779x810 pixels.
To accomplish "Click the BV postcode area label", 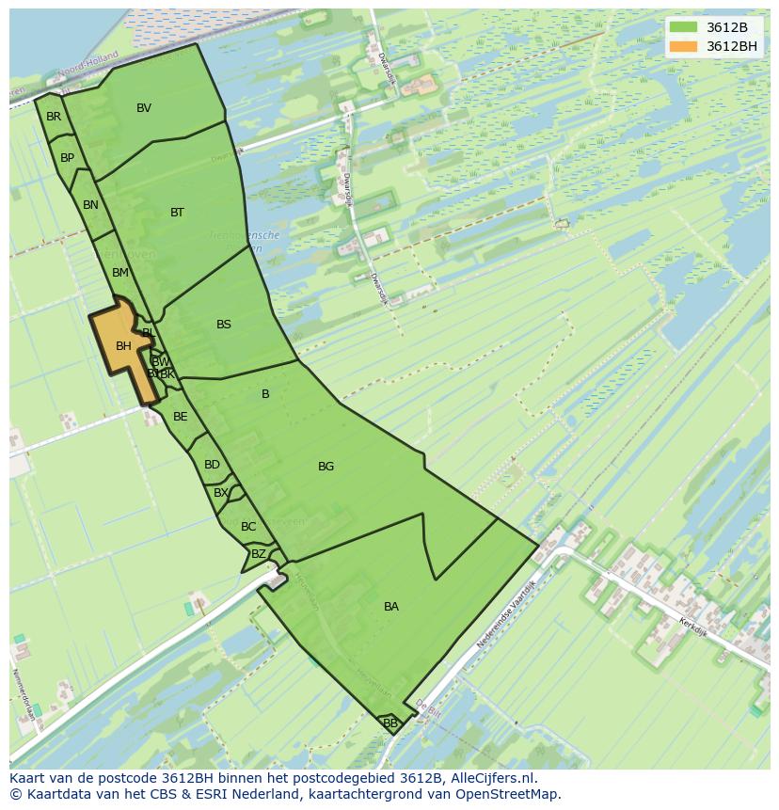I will [x=144, y=108].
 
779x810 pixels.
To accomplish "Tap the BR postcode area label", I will [x=54, y=117].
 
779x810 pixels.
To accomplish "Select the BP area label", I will [x=67, y=158].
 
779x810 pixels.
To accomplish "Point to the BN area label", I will [x=90, y=205].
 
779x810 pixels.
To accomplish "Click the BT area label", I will [x=177, y=213].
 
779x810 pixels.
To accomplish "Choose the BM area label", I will [x=119, y=273].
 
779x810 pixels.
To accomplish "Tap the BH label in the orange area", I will [x=123, y=346].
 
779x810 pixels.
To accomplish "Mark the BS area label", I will [x=224, y=325].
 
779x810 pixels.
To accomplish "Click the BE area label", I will [x=180, y=417].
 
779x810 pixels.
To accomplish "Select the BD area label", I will [x=212, y=465].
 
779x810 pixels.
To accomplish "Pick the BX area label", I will [x=221, y=493].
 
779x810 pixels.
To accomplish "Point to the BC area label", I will [x=248, y=527].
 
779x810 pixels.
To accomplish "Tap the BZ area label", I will [x=258, y=554].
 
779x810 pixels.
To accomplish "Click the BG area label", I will [x=326, y=467].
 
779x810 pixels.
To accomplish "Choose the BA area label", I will [x=391, y=607].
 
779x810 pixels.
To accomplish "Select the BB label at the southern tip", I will [x=390, y=723].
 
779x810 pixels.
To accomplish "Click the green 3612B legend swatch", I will [x=683, y=27].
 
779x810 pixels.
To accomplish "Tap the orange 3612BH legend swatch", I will [x=683, y=46].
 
